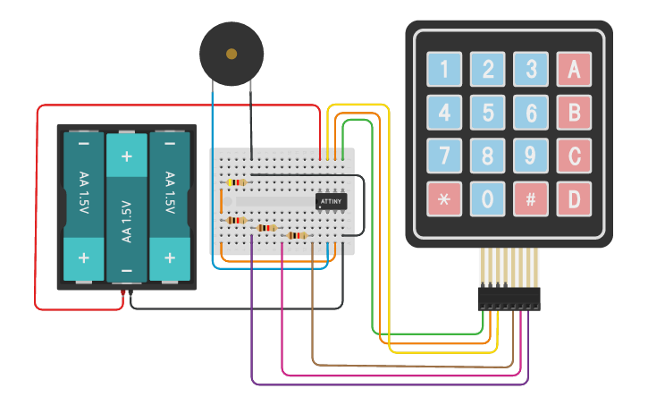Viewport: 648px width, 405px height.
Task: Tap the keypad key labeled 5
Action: (x=487, y=113)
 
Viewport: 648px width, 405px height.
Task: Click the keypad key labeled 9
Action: (x=530, y=156)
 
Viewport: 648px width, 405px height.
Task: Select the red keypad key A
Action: (x=574, y=69)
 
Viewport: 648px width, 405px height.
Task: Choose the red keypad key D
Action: (x=574, y=199)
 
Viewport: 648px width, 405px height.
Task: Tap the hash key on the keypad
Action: (x=530, y=199)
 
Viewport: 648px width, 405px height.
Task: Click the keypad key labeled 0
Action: (x=487, y=199)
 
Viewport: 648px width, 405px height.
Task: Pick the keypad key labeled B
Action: (x=574, y=113)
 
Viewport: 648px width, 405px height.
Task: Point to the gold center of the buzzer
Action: (x=231, y=54)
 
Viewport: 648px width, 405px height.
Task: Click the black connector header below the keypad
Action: (x=509, y=298)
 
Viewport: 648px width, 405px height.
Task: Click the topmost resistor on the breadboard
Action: (x=236, y=182)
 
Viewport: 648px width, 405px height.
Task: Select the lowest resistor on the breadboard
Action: (x=296, y=236)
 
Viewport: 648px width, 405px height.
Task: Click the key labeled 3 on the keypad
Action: (x=530, y=69)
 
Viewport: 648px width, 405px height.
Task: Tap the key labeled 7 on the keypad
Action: (x=444, y=156)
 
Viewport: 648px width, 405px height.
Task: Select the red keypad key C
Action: (x=574, y=156)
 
